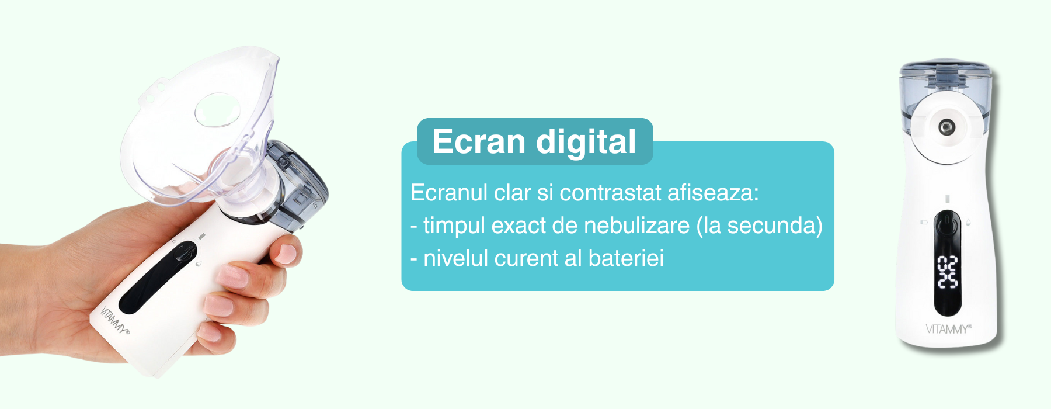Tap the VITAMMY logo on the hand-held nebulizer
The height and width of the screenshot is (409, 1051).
click(x=114, y=320)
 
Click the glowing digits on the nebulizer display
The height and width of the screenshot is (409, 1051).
click(x=947, y=272)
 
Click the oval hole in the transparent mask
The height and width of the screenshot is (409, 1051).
click(x=217, y=110)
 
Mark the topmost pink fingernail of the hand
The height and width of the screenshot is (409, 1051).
click(x=286, y=253)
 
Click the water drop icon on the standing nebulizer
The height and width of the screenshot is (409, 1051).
click(x=969, y=222)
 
